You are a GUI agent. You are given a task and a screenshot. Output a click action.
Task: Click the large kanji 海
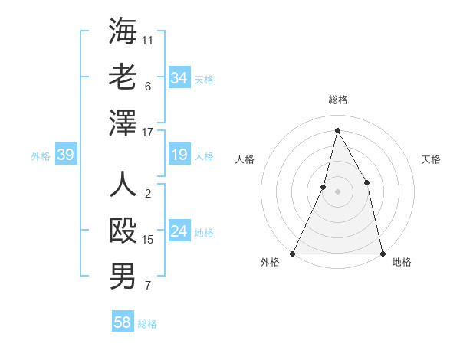123,31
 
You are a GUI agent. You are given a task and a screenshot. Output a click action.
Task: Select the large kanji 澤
123,123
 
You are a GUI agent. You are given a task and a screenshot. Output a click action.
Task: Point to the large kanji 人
123,185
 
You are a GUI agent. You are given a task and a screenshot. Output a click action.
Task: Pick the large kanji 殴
123,231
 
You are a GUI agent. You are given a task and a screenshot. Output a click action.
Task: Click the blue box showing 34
179,78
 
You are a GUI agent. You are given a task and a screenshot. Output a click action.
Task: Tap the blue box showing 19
179,155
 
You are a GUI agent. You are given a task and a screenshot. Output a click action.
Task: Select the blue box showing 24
179,231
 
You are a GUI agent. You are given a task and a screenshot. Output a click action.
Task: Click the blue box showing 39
65,155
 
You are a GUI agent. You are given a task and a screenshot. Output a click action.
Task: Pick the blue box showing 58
122,322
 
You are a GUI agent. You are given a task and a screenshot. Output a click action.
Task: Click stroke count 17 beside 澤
149,133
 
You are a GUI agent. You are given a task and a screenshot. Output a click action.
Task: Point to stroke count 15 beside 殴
149,240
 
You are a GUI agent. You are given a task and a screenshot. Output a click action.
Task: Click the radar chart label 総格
337,100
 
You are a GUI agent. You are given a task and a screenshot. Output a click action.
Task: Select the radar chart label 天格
431,159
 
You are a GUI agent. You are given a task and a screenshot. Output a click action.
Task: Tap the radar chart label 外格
270,262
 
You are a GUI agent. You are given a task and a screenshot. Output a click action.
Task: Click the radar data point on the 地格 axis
382,253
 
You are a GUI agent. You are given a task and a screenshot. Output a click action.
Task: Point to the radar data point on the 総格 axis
337,130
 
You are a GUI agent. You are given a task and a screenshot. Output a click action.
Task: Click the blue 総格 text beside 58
147,324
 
